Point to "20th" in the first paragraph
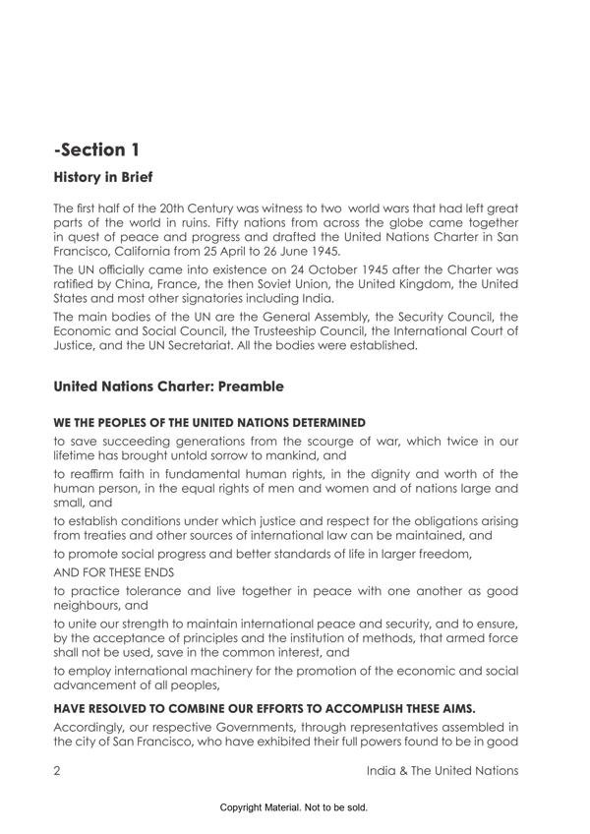coord(198,209)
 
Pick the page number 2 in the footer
coord(58,770)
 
